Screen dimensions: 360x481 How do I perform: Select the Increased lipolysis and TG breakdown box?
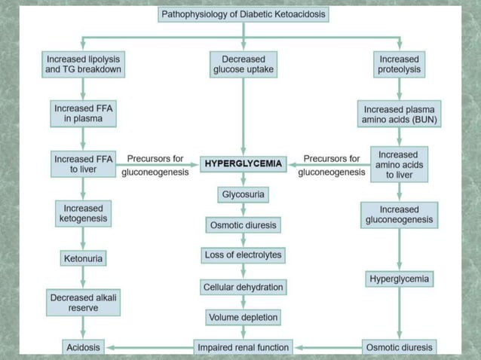pyautogui.click(x=83, y=64)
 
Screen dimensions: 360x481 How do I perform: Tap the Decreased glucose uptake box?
pyautogui.click(x=243, y=64)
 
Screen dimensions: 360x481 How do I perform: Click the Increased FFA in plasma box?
pyautogui.click(x=83, y=114)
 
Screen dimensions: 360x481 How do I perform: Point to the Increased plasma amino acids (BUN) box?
pyautogui.click(x=400, y=114)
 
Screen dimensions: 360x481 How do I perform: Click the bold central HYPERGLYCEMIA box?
pyautogui.click(x=243, y=163)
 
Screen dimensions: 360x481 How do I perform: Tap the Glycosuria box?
pyautogui.click(x=243, y=195)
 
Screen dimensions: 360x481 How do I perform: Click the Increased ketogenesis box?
pyautogui.click(x=83, y=214)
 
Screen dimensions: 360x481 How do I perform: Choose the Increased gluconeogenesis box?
pyautogui.click(x=399, y=214)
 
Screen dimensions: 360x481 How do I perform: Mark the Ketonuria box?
pyautogui.click(x=83, y=258)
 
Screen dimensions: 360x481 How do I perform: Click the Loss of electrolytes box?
pyautogui.click(x=243, y=255)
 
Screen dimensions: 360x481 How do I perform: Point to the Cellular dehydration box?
pyautogui.click(x=243, y=287)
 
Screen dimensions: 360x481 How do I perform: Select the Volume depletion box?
pyautogui.click(x=243, y=317)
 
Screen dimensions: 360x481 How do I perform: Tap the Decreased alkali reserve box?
pyautogui.click(x=83, y=303)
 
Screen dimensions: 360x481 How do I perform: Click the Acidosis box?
pyautogui.click(x=83, y=347)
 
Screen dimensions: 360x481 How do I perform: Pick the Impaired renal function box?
pyautogui.click(x=243, y=347)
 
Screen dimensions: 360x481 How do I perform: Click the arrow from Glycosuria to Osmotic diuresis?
pyautogui.click(x=243, y=210)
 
